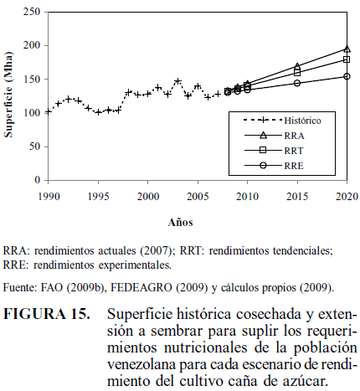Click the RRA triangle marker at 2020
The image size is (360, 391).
(347, 49)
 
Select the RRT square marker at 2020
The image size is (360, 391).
(347, 59)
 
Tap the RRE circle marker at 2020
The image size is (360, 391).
(347, 76)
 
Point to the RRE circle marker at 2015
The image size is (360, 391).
(297, 83)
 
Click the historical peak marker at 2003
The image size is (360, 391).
(177, 81)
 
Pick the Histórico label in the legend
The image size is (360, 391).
(302, 121)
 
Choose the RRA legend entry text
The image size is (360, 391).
(294, 136)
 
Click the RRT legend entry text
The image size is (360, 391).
(294, 151)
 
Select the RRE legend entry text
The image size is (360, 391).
(294, 166)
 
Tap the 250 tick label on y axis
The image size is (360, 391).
(32, 12)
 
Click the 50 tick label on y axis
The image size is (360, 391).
(34, 147)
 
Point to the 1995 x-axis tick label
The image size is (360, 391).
(99, 197)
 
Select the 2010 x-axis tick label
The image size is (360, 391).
(247, 197)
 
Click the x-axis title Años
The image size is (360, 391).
(180, 222)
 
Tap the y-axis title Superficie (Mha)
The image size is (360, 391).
(8, 95)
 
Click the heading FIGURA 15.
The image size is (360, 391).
(47, 314)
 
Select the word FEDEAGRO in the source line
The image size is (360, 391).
(141, 287)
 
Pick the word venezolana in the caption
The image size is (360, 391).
(141, 364)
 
